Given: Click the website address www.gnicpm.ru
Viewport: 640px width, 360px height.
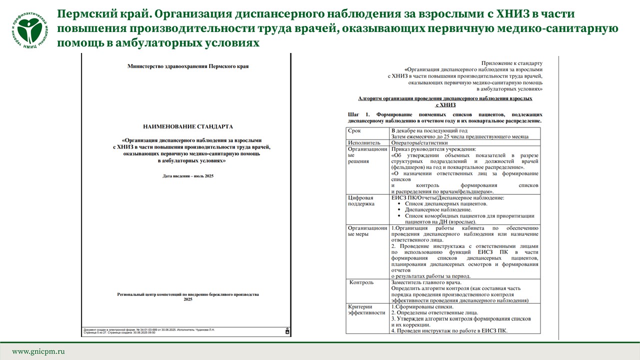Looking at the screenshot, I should point(38,351).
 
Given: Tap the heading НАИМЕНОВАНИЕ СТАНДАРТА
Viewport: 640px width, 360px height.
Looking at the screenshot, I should point(188,126).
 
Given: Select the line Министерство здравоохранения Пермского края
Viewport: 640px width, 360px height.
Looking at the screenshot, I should point(188,66).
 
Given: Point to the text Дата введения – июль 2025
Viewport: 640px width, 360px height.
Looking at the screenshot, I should point(188,176).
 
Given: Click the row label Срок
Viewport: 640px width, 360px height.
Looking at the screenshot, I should point(355,130).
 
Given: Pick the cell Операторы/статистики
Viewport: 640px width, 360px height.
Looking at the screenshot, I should point(419,142).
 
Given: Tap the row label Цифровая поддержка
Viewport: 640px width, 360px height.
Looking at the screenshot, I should point(361,200).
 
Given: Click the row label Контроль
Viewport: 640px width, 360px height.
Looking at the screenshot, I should point(361,282).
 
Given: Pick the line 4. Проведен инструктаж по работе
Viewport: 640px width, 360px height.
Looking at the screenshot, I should point(449,330).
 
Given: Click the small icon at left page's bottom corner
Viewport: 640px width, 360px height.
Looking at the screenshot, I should point(286,331).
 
